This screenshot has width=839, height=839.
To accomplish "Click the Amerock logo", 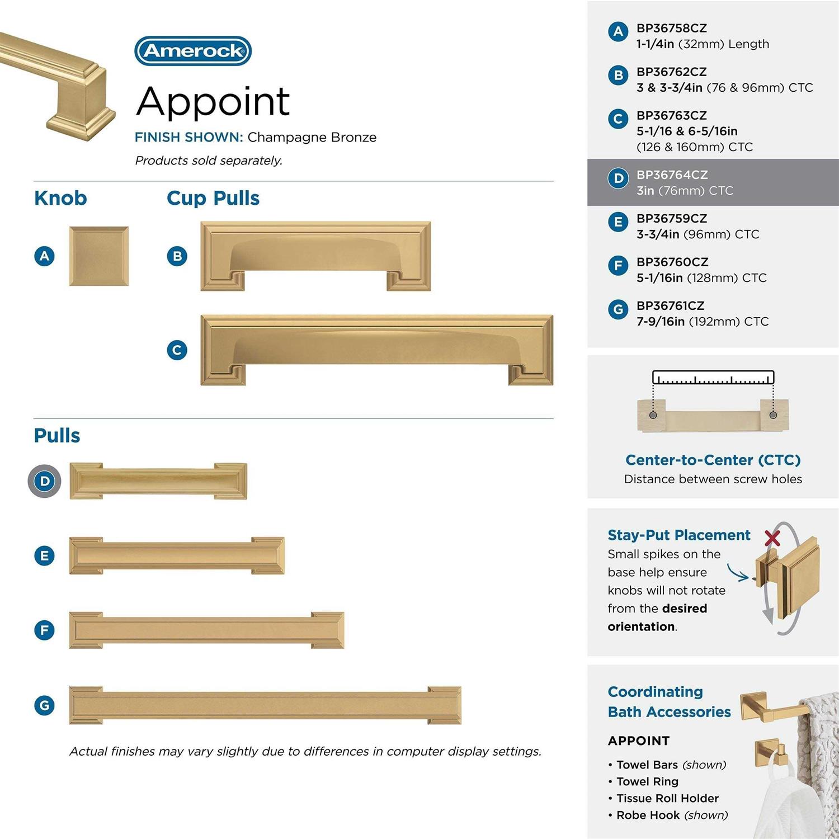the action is pyautogui.click(x=193, y=51).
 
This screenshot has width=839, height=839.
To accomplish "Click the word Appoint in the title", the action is pyautogui.click(x=213, y=101).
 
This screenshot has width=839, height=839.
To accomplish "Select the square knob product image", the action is pyautogui.click(x=99, y=256).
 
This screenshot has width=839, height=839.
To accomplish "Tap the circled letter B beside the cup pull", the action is pyautogui.click(x=177, y=256).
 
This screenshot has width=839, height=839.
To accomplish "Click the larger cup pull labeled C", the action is pyautogui.click(x=377, y=350).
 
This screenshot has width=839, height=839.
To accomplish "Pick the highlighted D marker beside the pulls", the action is pyautogui.click(x=45, y=481).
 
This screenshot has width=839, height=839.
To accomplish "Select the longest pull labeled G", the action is pyautogui.click(x=265, y=705).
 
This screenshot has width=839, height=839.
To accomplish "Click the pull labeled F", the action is pyautogui.click(x=206, y=630).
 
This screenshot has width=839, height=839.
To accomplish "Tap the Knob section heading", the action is pyautogui.click(x=60, y=198).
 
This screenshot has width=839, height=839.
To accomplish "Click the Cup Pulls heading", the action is pyautogui.click(x=213, y=199).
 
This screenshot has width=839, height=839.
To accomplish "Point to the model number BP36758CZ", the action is pyautogui.click(x=672, y=28).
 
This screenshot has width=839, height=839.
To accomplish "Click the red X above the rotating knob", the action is pyautogui.click(x=772, y=538).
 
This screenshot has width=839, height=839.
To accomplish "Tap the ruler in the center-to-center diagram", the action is pyautogui.click(x=713, y=378).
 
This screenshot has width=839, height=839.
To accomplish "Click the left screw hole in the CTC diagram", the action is pyautogui.click(x=653, y=415).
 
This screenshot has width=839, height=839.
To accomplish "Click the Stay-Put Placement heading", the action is pyautogui.click(x=679, y=535).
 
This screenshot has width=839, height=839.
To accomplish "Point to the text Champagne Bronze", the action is pyautogui.click(x=312, y=138).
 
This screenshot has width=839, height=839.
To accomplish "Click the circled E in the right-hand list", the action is pyautogui.click(x=618, y=222).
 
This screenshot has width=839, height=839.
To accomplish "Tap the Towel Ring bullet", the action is pyautogui.click(x=643, y=781).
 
